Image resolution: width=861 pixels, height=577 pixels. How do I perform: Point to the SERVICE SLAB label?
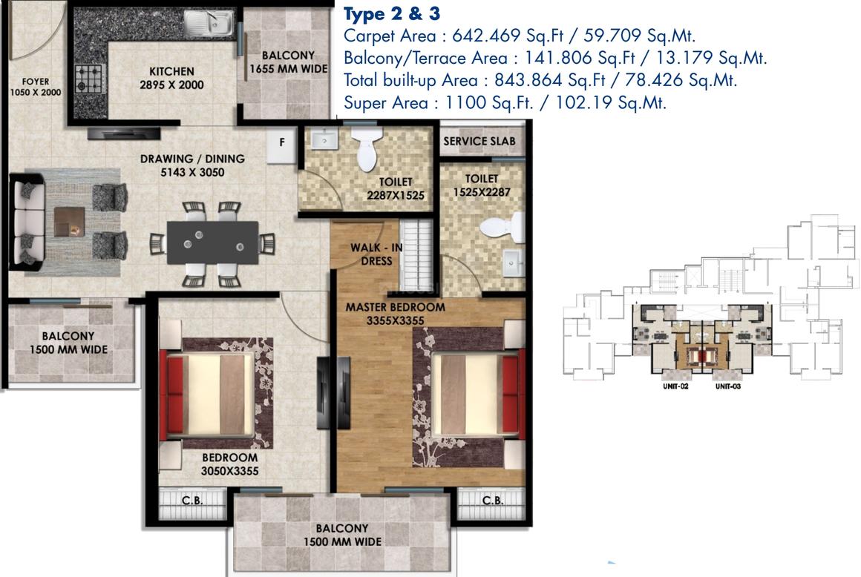coord(479,141)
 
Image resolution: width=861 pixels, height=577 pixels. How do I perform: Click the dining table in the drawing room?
coord(212,243)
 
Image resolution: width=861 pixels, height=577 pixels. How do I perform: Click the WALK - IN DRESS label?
coord(376,254)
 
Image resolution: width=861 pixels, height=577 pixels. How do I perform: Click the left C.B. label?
coord(192,500)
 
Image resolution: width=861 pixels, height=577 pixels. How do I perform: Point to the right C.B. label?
coord(492,500)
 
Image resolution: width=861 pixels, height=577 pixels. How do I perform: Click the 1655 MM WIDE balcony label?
coord(288,62)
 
